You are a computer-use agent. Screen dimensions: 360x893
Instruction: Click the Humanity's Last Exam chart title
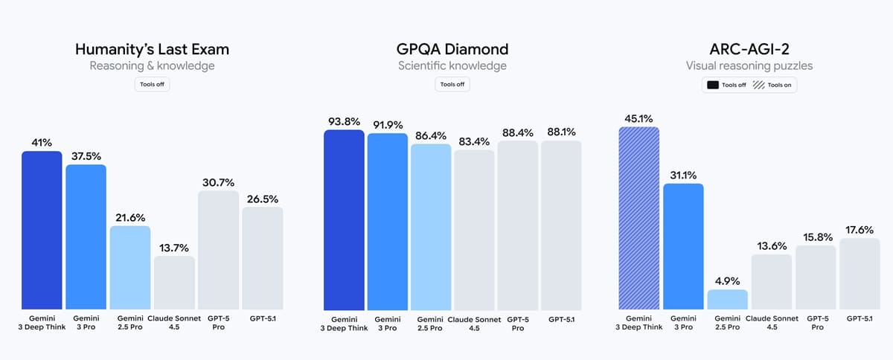pos(152,50)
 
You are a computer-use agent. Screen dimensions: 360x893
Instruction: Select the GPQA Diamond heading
pos(452,50)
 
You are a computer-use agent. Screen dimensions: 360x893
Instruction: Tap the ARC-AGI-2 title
pos(749,50)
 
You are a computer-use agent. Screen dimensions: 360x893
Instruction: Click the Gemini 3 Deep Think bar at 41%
pos(42,230)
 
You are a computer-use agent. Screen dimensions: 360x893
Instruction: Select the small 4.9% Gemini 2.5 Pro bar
pos(727,300)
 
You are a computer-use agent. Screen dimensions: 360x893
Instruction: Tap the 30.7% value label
pos(218,182)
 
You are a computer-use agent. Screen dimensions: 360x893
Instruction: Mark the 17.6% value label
pos(860,230)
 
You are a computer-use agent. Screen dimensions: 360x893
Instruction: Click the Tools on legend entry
pos(775,86)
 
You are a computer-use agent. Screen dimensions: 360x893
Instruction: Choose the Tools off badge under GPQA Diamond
pos(452,84)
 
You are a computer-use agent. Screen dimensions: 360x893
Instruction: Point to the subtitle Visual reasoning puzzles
pos(749,66)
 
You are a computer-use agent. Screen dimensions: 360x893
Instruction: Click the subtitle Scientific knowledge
pos(452,66)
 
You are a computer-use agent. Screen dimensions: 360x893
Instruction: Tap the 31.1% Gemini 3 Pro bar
pos(683,246)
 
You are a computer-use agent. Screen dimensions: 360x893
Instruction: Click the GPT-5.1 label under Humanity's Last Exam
pos(262,318)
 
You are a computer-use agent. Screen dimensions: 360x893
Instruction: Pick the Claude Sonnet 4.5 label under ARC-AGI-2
pos(772,322)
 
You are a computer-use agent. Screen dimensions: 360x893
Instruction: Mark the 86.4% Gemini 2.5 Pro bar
pos(431,227)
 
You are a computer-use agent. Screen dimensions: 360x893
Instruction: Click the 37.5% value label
pos(86,156)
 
